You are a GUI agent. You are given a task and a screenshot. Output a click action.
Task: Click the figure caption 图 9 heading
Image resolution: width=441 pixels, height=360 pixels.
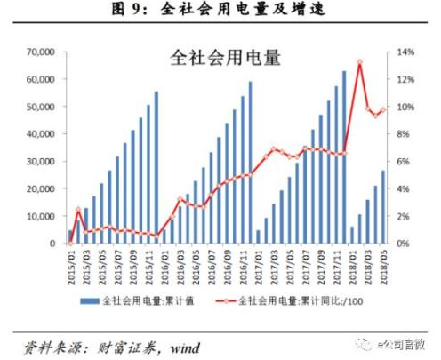point(220,11)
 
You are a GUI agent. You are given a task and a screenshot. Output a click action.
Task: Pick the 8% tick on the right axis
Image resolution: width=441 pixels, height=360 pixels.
point(402,134)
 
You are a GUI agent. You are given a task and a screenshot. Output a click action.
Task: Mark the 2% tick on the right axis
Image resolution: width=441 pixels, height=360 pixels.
point(402,216)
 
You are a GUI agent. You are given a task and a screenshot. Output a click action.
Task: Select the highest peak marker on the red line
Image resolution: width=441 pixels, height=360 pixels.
point(359,62)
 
